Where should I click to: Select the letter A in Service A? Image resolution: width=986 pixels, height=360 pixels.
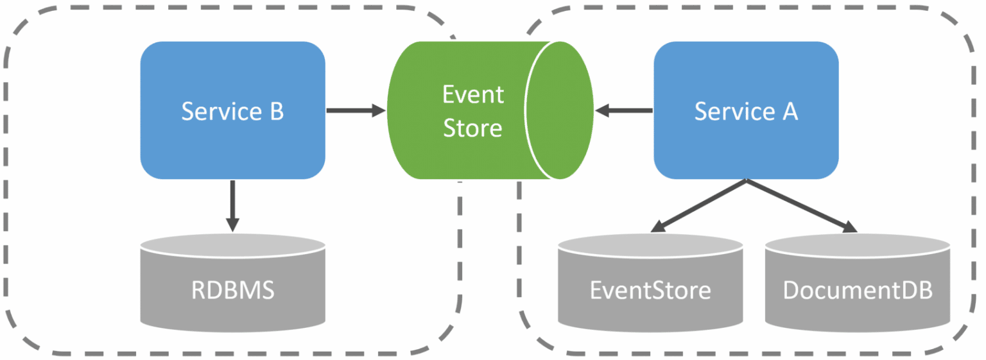(x=789, y=112)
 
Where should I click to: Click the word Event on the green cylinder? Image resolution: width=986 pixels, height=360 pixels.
(x=473, y=95)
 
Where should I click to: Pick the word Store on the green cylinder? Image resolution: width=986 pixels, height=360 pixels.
(x=473, y=128)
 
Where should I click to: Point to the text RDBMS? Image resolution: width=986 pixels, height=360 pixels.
(x=232, y=291)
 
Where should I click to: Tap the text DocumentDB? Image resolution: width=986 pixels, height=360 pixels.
(x=858, y=291)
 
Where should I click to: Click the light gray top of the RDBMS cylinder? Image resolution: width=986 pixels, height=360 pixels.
(x=232, y=244)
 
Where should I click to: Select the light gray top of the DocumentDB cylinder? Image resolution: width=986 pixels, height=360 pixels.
(x=858, y=244)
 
